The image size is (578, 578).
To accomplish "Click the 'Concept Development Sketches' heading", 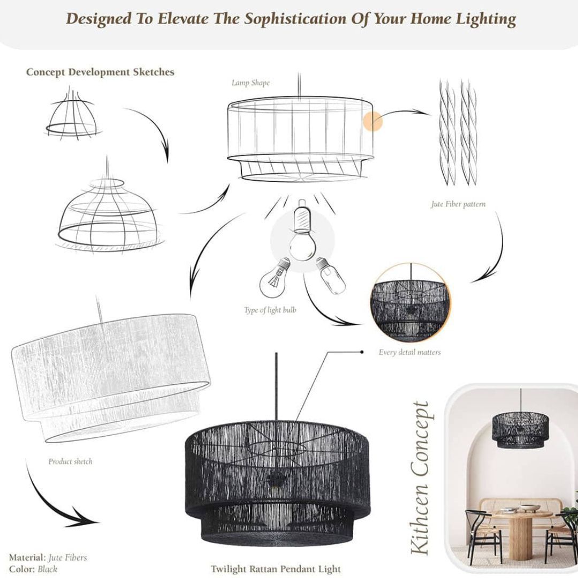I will click(x=100, y=72).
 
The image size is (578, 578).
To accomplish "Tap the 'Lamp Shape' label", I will click(x=250, y=83).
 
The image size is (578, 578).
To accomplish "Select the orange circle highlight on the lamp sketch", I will click(x=373, y=122).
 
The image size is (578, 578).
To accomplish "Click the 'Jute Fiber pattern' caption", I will click(x=458, y=204).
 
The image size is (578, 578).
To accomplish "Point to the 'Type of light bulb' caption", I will click(x=270, y=310).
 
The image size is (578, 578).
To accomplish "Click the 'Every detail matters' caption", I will click(x=409, y=352).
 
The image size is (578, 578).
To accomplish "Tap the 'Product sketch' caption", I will click(x=70, y=461).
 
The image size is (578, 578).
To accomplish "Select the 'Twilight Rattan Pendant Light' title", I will click(x=275, y=568).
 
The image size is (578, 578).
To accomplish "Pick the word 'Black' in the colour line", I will click(x=47, y=569).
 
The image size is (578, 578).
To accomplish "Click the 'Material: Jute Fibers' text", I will click(x=48, y=558).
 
